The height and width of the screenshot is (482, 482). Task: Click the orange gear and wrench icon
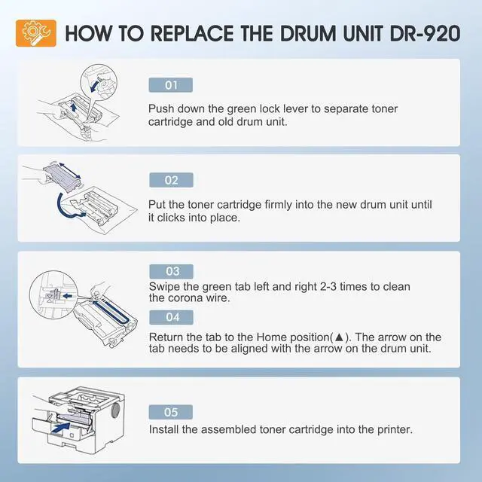click(x=36, y=33)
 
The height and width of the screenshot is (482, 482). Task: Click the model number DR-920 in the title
click(x=425, y=33)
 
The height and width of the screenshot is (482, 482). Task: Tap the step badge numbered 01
click(x=171, y=85)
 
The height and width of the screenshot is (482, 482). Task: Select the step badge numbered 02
click(x=171, y=180)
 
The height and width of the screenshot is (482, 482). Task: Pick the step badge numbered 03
click(x=171, y=271)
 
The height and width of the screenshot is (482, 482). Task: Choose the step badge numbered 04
click(x=171, y=317)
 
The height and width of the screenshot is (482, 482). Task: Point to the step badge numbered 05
click(x=171, y=412)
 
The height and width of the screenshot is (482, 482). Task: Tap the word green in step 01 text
click(x=242, y=109)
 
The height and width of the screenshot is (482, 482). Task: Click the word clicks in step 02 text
click(x=171, y=218)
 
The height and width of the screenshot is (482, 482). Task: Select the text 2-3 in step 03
click(x=328, y=286)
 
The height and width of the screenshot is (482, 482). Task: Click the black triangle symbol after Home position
click(x=339, y=337)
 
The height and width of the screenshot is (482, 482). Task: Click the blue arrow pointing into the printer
click(x=61, y=428)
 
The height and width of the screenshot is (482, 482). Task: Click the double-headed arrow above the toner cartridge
click(x=70, y=170)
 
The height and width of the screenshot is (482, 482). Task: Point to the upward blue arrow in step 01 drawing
click(x=73, y=108)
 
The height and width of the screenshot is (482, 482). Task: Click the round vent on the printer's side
click(x=115, y=411)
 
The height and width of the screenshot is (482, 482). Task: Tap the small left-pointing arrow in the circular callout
click(x=67, y=296)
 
